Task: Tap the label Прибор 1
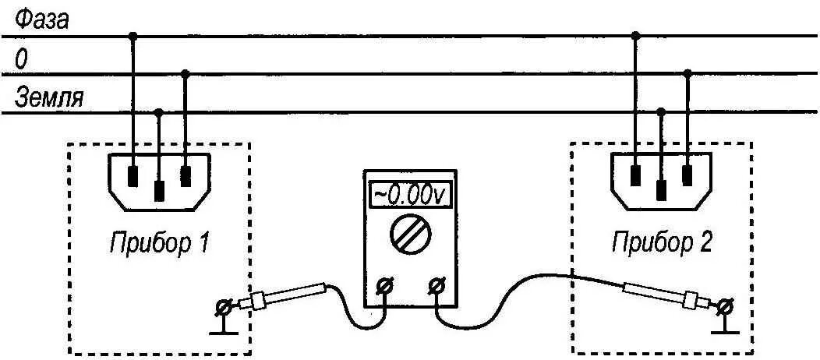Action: pos(159,244)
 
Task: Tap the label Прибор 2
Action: pos(662,244)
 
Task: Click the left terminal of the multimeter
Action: pos(384,287)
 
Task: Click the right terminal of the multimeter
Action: pos(437,287)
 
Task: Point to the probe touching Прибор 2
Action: pos(663,295)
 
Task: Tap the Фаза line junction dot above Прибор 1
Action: pos(133,36)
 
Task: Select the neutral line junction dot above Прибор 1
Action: pos(185,74)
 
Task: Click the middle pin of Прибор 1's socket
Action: pos(160,189)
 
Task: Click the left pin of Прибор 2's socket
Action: pos(636,175)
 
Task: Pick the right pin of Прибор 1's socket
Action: pos(186,175)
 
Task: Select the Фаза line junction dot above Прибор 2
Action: pos(636,36)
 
